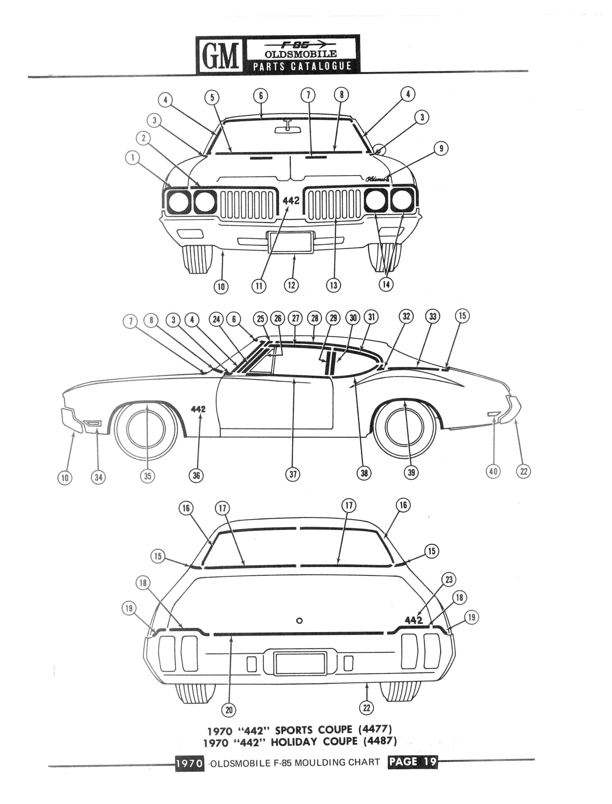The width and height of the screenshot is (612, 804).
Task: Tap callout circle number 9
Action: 441,148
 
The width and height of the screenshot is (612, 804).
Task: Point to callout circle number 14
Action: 386,284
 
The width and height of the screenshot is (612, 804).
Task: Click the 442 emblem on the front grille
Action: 291,200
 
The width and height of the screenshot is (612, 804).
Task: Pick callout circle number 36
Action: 196,475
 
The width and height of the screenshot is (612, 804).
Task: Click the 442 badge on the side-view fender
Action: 198,409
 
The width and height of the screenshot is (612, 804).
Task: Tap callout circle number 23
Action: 449,579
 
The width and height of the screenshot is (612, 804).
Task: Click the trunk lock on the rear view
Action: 300,621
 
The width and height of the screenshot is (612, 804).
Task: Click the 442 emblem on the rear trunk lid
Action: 414,620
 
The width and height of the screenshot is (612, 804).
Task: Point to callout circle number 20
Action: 229,710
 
